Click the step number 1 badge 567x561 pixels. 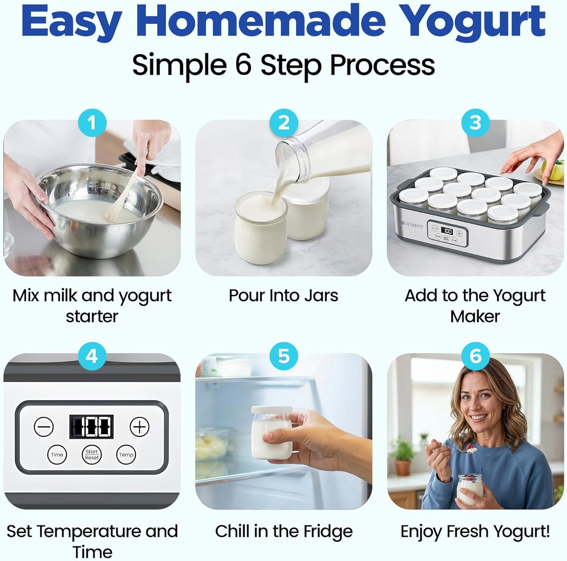[92, 123]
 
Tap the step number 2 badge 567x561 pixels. [284, 123]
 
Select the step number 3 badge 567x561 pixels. [475, 123]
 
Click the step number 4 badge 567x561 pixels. [92, 356]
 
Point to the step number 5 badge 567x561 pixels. [284, 356]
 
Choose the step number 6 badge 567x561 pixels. [475, 356]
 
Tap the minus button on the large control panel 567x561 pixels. [44, 427]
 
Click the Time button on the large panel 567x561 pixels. [57, 455]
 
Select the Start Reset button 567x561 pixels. [92, 455]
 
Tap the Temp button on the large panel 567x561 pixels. [126, 455]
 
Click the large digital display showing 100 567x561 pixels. [91, 427]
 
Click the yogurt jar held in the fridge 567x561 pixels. [272, 432]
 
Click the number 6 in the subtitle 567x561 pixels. [244, 65]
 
